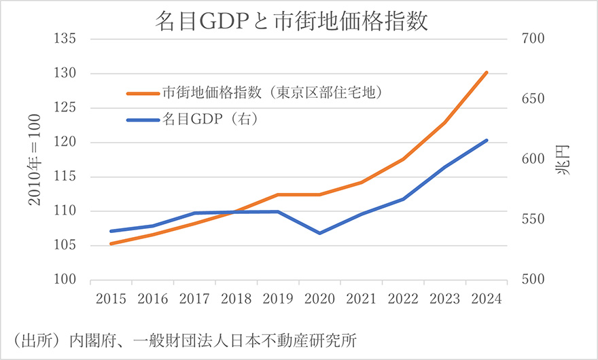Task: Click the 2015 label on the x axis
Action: [110, 300]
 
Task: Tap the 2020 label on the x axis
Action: [319, 300]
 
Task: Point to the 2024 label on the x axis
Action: [487, 300]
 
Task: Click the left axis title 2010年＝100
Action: [34, 160]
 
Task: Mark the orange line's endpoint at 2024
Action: [487, 72]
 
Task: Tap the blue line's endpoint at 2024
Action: [487, 141]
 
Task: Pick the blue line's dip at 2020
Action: [319, 233]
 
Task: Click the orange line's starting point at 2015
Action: [110, 244]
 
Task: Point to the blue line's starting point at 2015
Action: [110, 231]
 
